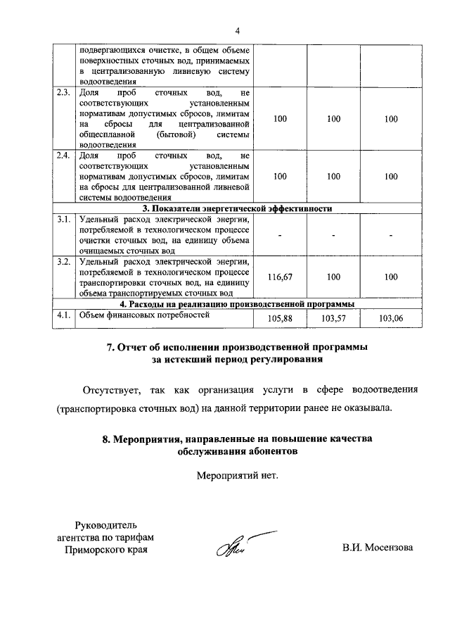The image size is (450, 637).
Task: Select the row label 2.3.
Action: [x=64, y=93]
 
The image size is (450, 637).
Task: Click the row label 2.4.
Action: [x=64, y=155]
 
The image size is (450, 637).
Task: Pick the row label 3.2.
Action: [x=64, y=263]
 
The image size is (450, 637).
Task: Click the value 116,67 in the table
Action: [x=280, y=277]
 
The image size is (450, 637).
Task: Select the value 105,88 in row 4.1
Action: [x=280, y=319]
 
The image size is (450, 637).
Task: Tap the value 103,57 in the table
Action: [x=334, y=319]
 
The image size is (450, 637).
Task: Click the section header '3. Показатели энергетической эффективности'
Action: [x=237, y=208]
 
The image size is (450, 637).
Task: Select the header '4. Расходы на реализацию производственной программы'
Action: [x=237, y=304]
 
